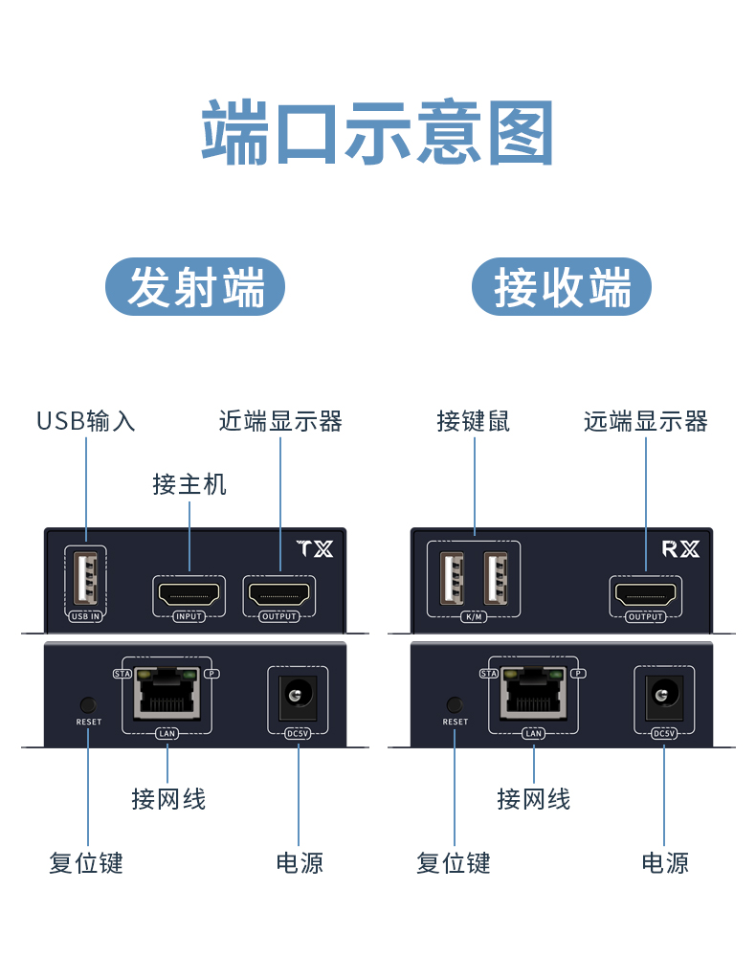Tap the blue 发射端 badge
tap(195, 287)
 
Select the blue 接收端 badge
tap(562, 287)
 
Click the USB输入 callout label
tap(86, 421)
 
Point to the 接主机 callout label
tap(189, 484)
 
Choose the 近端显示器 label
tap(280, 421)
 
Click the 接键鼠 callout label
tap(474, 421)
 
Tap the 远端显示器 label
tap(646, 421)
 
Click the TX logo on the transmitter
tap(315, 549)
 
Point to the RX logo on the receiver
tap(681, 549)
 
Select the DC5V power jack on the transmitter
tap(299, 695)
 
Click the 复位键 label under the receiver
tap(454, 863)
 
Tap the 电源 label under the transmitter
tap(300, 863)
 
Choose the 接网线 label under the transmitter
tap(168, 798)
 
